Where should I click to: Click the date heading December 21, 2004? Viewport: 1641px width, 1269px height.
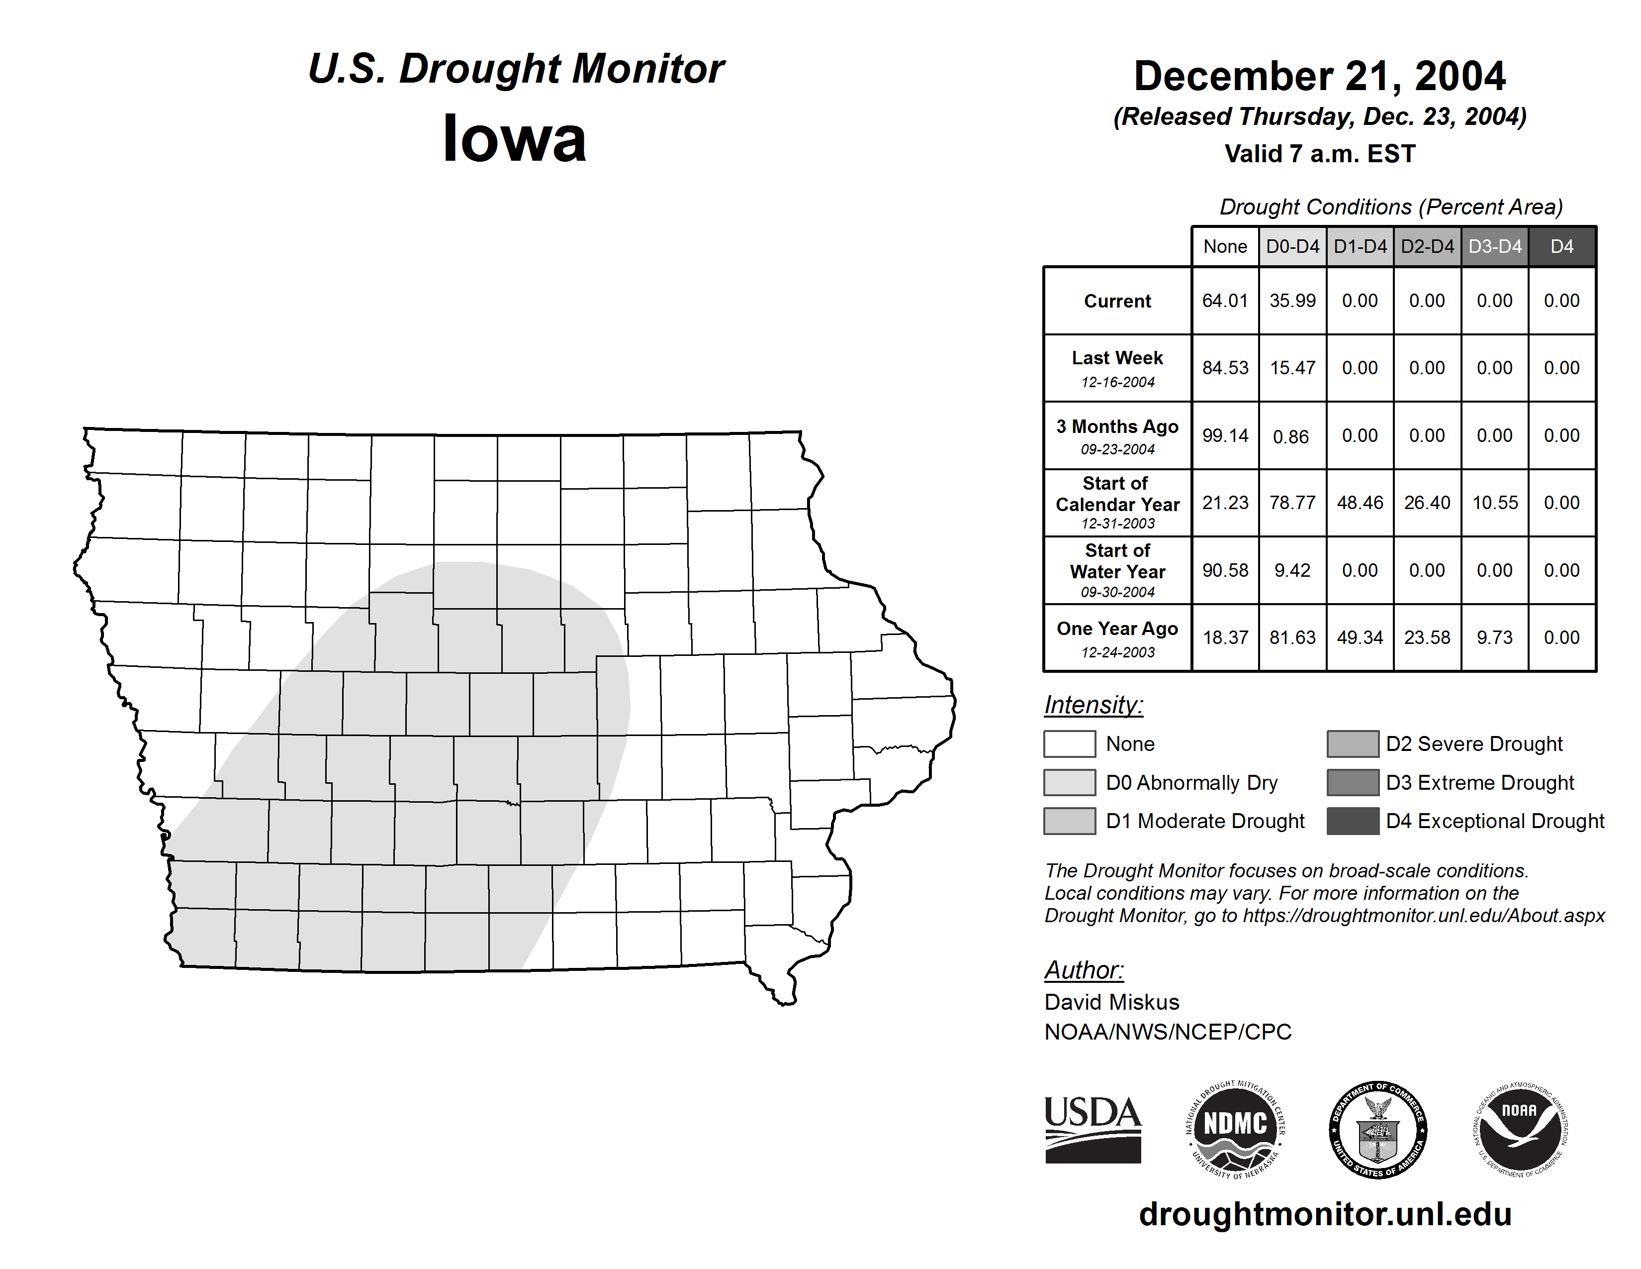point(1319,76)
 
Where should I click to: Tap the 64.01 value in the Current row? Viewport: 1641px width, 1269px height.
point(1225,301)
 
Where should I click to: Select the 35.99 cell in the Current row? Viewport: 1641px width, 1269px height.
point(1292,301)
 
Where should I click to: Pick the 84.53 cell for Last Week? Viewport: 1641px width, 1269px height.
point(1225,368)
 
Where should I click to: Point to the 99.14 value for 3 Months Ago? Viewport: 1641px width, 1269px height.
point(1225,435)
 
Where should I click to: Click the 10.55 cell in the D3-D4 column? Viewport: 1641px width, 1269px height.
point(1494,502)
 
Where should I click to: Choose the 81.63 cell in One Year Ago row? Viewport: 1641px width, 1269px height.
point(1292,637)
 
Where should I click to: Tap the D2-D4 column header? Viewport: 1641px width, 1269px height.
point(1427,246)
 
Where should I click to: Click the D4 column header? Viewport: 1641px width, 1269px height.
point(1561,246)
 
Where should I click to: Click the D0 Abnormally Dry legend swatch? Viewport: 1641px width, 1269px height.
point(1069,782)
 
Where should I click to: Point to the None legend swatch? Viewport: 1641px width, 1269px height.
point(1069,743)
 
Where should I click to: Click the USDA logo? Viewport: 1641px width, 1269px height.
point(1093,1129)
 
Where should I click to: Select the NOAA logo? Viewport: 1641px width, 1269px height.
point(1519,1129)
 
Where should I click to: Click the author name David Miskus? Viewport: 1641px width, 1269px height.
point(1111,1002)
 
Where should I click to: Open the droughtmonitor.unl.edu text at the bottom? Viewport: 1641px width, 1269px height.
point(1325,1214)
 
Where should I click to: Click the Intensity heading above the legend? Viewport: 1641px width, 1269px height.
point(1093,705)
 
